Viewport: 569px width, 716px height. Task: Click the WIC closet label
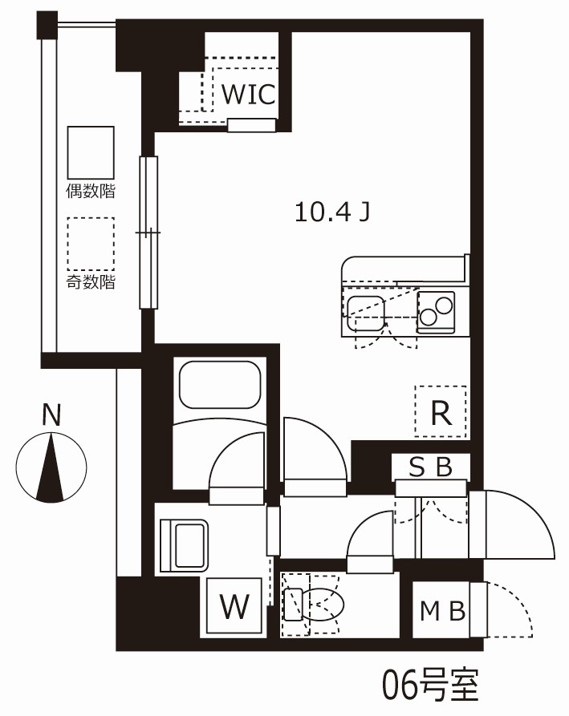[x=249, y=94]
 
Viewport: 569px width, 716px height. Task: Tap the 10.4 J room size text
[x=332, y=212]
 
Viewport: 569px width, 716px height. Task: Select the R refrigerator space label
[x=441, y=413]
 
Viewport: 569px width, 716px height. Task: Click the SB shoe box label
[x=430, y=467]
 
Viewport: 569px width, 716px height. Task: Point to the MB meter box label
[x=442, y=611]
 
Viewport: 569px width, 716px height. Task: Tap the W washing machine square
[x=234, y=606]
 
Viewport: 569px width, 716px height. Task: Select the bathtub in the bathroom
[x=220, y=385]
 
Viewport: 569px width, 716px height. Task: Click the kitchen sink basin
[x=366, y=314]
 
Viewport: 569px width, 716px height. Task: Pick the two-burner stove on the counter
[x=436, y=312]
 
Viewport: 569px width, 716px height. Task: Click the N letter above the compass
[x=51, y=415]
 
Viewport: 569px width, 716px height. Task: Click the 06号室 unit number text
[x=430, y=685]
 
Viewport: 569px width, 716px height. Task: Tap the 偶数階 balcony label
[x=91, y=190]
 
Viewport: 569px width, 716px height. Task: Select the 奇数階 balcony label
[x=91, y=281]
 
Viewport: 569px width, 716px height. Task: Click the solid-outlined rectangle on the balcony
[x=91, y=152]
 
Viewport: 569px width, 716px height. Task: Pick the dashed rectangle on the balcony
[x=91, y=244]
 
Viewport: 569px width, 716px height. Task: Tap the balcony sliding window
[x=148, y=233]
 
